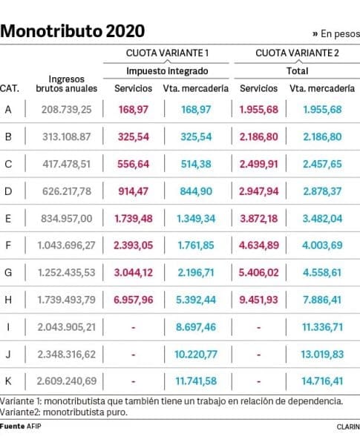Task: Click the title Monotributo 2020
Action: [73, 31]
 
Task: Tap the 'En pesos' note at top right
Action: [336, 34]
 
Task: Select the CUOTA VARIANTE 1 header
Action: [167, 53]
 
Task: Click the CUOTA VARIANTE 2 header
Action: [297, 53]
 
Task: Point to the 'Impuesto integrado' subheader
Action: [167, 71]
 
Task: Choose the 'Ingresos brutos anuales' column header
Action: [67, 84]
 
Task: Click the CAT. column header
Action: [10, 88]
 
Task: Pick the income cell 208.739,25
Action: [67, 110]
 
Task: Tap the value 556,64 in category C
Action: [134, 164]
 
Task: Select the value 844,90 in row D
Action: [196, 191]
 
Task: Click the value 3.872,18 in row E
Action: [258, 219]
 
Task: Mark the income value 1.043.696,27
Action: [67, 245]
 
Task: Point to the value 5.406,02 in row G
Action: [258, 272]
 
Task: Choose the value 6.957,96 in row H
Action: [134, 300]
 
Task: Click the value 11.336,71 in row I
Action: [322, 327]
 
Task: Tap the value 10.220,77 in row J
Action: [196, 355]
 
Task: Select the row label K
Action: [8, 381]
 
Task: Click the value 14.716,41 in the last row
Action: [322, 381]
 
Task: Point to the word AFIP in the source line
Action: [34, 426]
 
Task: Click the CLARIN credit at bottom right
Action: [348, 427]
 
